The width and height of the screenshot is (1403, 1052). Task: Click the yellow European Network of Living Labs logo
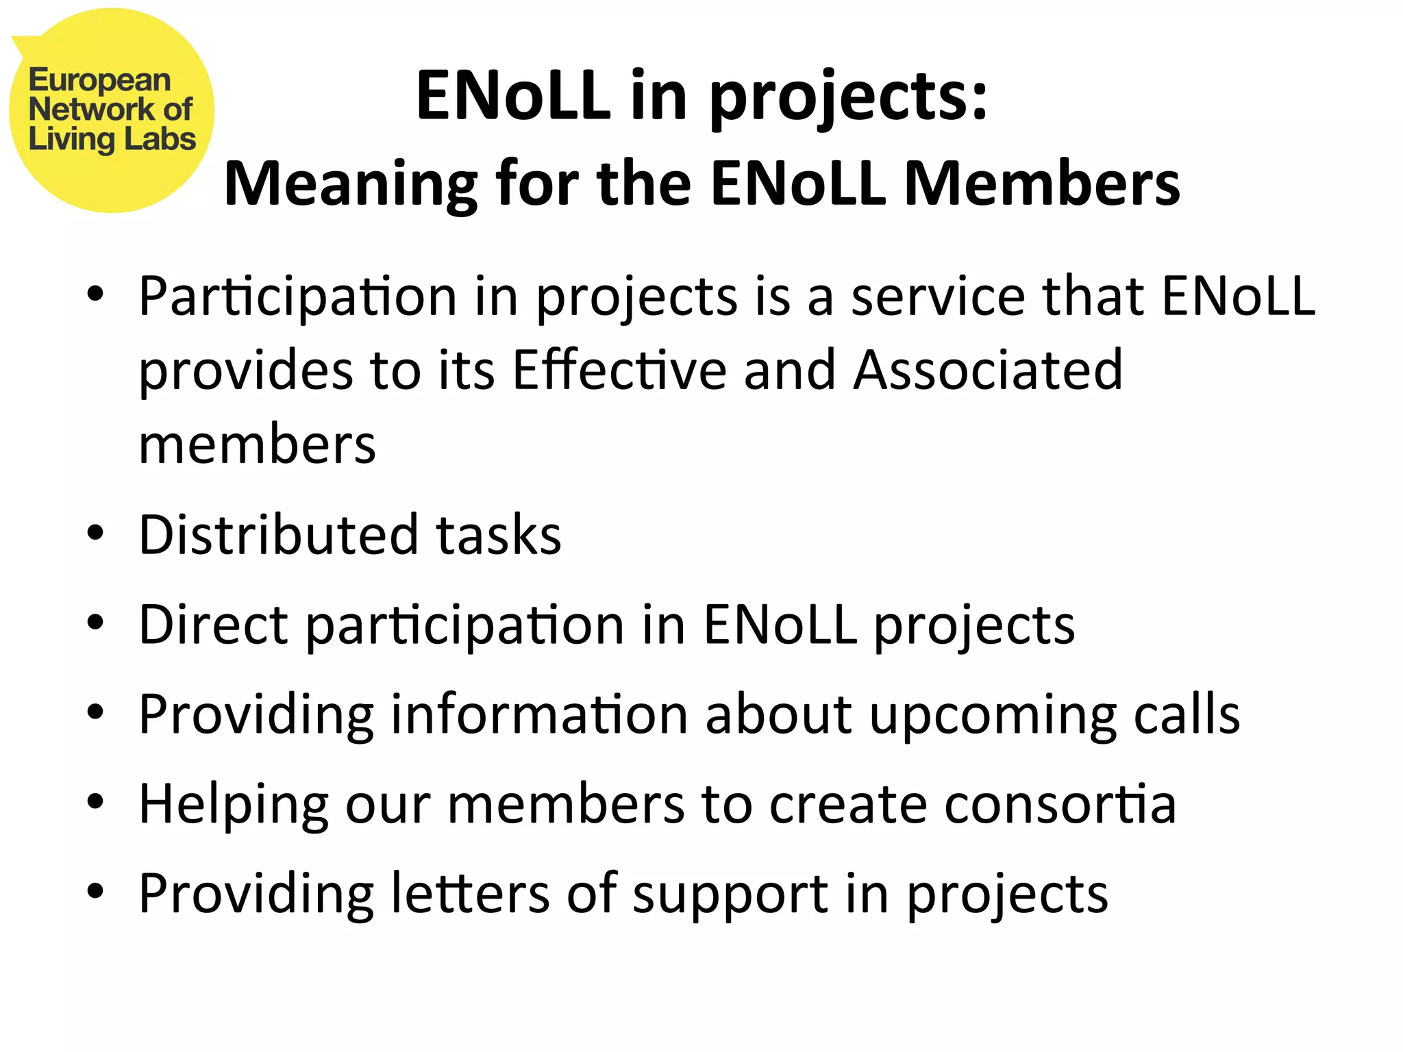[x=112, y=110]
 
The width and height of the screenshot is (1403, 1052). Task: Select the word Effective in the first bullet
[x=619, y=370]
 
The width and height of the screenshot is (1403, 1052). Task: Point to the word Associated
[x=988, y=370]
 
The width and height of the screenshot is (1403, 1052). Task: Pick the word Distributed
[x=278, y=534]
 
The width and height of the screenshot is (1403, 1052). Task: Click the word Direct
[x=213, y=624]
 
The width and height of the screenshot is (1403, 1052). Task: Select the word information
[x=539, y=714]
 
